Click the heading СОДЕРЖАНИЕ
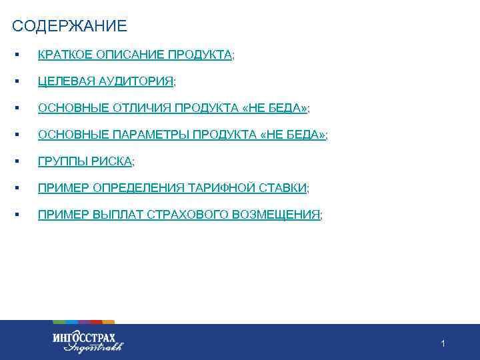(x=69, y=27)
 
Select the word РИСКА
(x=111, y=161)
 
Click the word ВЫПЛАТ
(x=113, y=215)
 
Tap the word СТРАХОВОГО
(x=185, y=215)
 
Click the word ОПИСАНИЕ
(x=129, y=55)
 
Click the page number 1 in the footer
(x=443, y=343)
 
